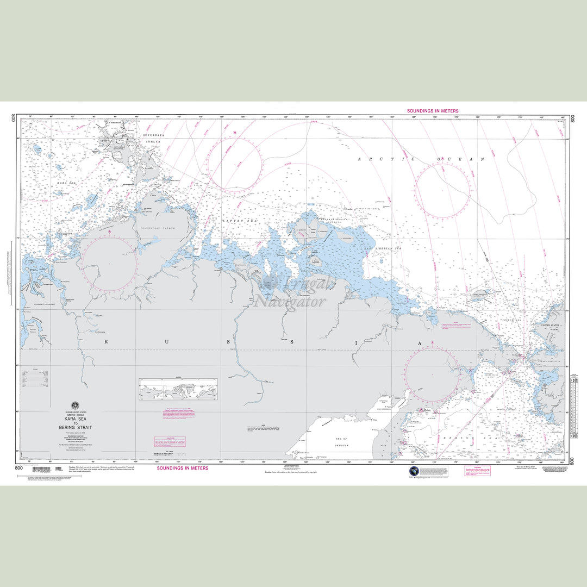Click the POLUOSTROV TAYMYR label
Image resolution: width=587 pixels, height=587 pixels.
pos(158,228)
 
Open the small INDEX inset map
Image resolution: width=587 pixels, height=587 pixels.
pos(178,389)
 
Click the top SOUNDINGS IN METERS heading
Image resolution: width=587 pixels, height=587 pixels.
pos(433,111)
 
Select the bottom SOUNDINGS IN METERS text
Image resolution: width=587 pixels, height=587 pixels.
pos(183,468)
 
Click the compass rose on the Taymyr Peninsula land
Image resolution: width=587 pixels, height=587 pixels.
pos(109,264)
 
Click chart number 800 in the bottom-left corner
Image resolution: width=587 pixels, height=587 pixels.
pos(19,468)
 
